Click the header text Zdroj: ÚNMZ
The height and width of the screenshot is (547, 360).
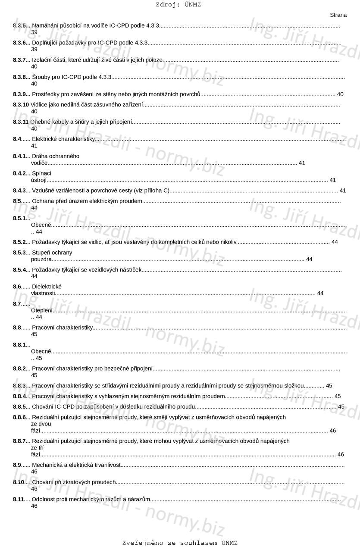coord(178,5)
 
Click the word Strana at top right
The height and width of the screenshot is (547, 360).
coord(338,15)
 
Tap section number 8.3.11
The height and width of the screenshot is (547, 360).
coord(21,122)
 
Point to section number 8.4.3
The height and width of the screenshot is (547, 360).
coord(19,191)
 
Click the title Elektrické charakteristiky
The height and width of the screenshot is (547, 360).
coord(63,139)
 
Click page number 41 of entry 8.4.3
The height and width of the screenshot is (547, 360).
coord(343,191)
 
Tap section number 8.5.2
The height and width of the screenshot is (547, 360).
coord(19,242)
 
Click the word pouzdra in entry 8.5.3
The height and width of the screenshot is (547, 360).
coord(41,259)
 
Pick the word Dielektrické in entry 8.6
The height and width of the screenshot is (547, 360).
coord(47,287)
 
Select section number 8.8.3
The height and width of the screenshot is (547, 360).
coord(19,386)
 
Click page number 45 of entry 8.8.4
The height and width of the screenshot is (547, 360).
coord(338,396)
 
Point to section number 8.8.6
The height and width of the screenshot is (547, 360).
coord(19,417)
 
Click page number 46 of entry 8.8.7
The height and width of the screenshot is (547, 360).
coord(341,455)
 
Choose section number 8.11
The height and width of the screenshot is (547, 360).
coord(18,499)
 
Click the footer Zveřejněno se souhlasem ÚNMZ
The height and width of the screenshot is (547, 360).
coord(180,543)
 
